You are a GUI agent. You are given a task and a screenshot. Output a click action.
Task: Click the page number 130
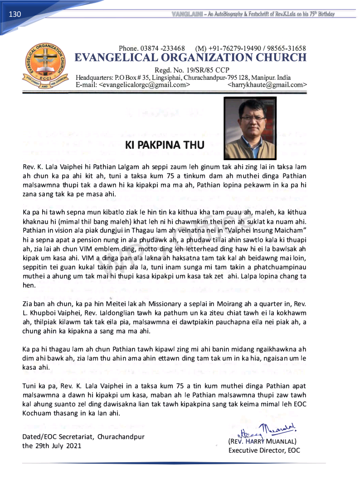click(x=15, y=15)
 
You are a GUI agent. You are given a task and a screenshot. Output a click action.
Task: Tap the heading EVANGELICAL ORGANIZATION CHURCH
click(x=190, y=58)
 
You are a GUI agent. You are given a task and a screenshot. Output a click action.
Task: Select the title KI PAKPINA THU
click(x=165, y=145)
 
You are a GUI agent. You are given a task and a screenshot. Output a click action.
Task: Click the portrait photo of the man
click(x=250, y=127)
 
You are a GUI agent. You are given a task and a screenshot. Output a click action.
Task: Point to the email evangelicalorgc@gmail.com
click(x=144, y=84)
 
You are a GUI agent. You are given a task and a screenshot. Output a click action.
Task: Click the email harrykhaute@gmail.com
click(x=267, y=84)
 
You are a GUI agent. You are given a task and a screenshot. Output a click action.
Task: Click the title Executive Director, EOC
click(x=264, y=450)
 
